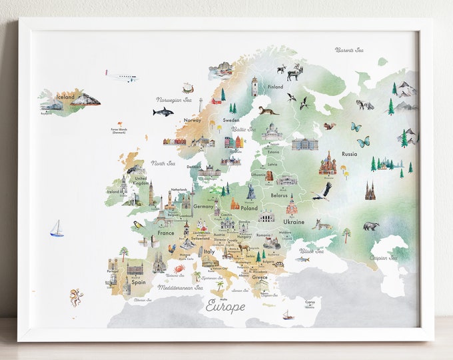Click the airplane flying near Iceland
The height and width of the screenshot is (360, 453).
click(x=121, y=75)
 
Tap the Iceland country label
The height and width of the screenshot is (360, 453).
click(x=65, y=97)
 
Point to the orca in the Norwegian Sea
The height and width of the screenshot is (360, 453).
click(x=163, y=111)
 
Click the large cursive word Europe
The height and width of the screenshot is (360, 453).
click(x=225, y=306)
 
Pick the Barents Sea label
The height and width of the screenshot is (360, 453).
click(x=349, y=50)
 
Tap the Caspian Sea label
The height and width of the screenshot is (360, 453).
click(x=384, y=257)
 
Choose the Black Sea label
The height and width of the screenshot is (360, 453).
click(x=311, y=251)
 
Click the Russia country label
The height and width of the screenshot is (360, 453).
click(x=349, y=154)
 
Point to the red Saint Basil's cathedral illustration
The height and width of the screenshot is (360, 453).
click(x=327, y=163)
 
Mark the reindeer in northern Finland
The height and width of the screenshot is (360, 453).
click(x=294, y=72)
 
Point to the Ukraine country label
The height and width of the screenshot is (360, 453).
click(x=294, y=221)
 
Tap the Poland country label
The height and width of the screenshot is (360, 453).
click(x=248, y=208)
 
